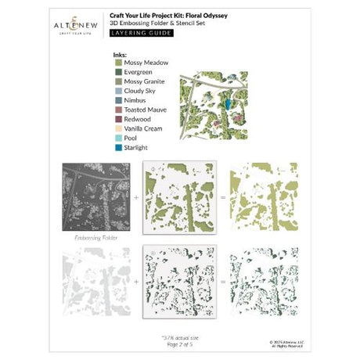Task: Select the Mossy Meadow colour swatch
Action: [117, 63]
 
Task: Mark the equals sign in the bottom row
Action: [223, 279]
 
